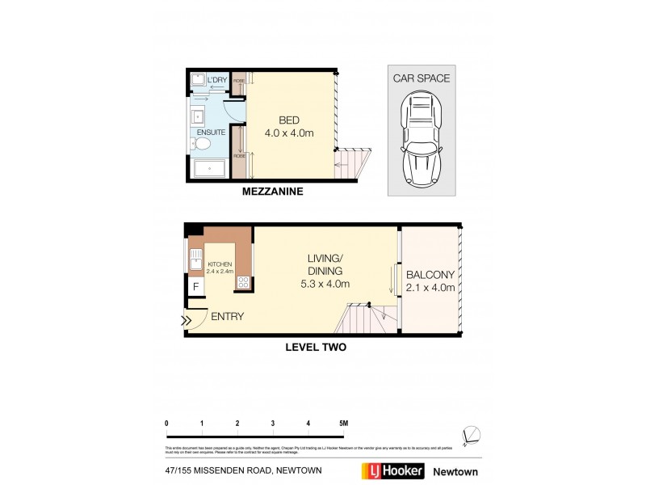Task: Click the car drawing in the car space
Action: [x=421, y=140]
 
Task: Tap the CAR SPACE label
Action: [x=422, y=78]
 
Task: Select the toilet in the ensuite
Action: [x=203, y=144]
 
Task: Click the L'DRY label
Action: [x=217, y=81]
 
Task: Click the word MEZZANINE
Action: [x=273, y=193]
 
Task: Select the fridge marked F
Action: [x=195, y=286]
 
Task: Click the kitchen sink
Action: [x=196, y=260]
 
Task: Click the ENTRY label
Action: [x=228, y=316]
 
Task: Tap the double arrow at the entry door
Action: [x=187, y=321]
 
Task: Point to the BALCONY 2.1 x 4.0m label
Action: [x=430, y=280]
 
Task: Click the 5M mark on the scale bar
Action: [x=343, y=423]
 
